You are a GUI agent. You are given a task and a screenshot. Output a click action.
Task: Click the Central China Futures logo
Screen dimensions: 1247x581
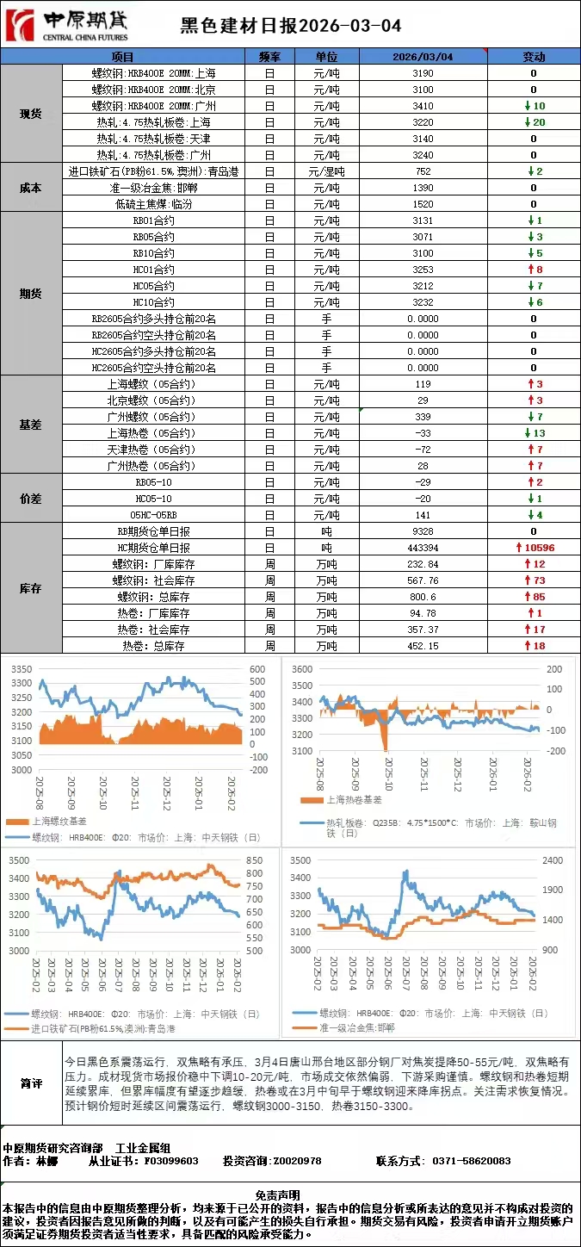tap(66, 25)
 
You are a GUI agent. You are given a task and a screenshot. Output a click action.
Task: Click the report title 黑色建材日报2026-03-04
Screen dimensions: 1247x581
tap(290, 27)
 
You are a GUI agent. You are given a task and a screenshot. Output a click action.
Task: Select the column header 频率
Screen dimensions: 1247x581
tap(269, 57)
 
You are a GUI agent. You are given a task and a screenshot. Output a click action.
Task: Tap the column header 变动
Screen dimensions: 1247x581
tap(534, 57)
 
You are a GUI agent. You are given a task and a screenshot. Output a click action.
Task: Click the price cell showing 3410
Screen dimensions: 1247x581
tap(423, 106)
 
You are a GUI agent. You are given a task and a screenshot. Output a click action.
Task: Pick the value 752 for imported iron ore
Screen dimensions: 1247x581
tap(423, 171)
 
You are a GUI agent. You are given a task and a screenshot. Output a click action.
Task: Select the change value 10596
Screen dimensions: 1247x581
tap(539, 548)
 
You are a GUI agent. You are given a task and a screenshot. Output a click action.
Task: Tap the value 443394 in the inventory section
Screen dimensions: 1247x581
tap(423, 548)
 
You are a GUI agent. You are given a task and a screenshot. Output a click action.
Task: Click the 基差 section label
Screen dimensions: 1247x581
tap(31, 425)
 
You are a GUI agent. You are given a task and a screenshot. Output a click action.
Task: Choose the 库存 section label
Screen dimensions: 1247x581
tap(31, 588)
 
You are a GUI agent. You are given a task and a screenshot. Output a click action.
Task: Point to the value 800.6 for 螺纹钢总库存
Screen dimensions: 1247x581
tap(423, 597)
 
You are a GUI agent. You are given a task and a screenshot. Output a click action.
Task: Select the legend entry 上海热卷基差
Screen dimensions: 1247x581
tap(354, 800)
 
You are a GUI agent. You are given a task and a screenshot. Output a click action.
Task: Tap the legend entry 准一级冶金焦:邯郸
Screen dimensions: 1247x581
tap(356, 1027)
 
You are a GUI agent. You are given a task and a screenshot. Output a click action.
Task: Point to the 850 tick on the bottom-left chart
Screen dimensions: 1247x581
tap(255, 860)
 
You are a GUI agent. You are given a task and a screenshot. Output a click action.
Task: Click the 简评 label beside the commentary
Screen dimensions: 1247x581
tap(31, 1083)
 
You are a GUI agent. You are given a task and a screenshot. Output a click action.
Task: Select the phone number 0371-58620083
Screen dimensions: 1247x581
tap(473, 1161)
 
